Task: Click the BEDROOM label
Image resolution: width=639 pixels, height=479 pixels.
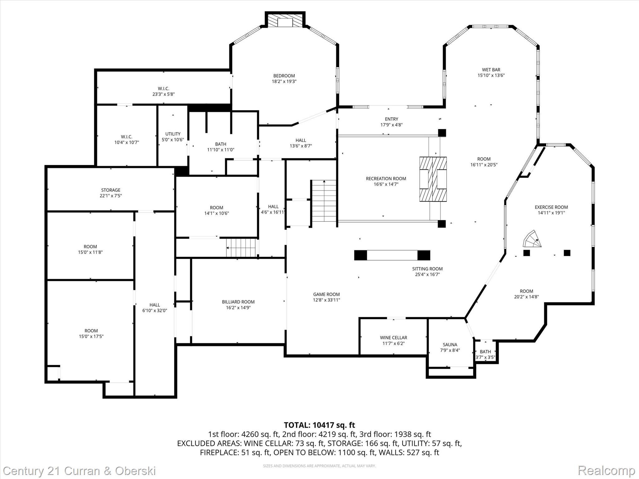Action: coord(284,76)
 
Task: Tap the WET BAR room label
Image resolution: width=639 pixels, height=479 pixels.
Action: coord(491,70)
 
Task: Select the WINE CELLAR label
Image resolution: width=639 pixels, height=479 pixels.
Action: coord(393,338)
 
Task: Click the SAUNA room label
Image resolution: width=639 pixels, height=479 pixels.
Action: coord(450,345)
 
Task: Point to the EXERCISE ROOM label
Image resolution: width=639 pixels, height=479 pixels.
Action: coord(551,207)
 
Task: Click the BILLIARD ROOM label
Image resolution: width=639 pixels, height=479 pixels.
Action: coord(238,302)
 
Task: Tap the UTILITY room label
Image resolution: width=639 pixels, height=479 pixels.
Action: coord(173,134)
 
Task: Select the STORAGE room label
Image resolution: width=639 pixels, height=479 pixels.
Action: coord(110,190)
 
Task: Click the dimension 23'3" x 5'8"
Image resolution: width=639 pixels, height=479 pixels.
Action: coord(163,94)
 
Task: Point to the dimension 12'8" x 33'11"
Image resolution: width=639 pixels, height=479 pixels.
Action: coord(326,300)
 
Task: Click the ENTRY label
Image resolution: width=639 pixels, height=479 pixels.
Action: coord(391,119)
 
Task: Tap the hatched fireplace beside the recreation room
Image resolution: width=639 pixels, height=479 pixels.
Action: coord(433,179)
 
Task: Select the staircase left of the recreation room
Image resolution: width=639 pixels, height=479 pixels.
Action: coord(324,201)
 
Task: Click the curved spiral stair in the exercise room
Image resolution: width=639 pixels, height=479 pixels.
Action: coord(532,239)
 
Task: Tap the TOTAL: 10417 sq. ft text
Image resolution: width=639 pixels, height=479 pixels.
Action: coord(319,425)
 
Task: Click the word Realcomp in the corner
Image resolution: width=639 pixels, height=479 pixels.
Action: coord(606,471)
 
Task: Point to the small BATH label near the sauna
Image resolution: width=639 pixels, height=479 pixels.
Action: coord(485,352)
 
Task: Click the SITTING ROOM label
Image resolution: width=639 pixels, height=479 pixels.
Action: coord(427,269)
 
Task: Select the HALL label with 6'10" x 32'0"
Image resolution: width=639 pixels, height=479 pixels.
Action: coord(154,305)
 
